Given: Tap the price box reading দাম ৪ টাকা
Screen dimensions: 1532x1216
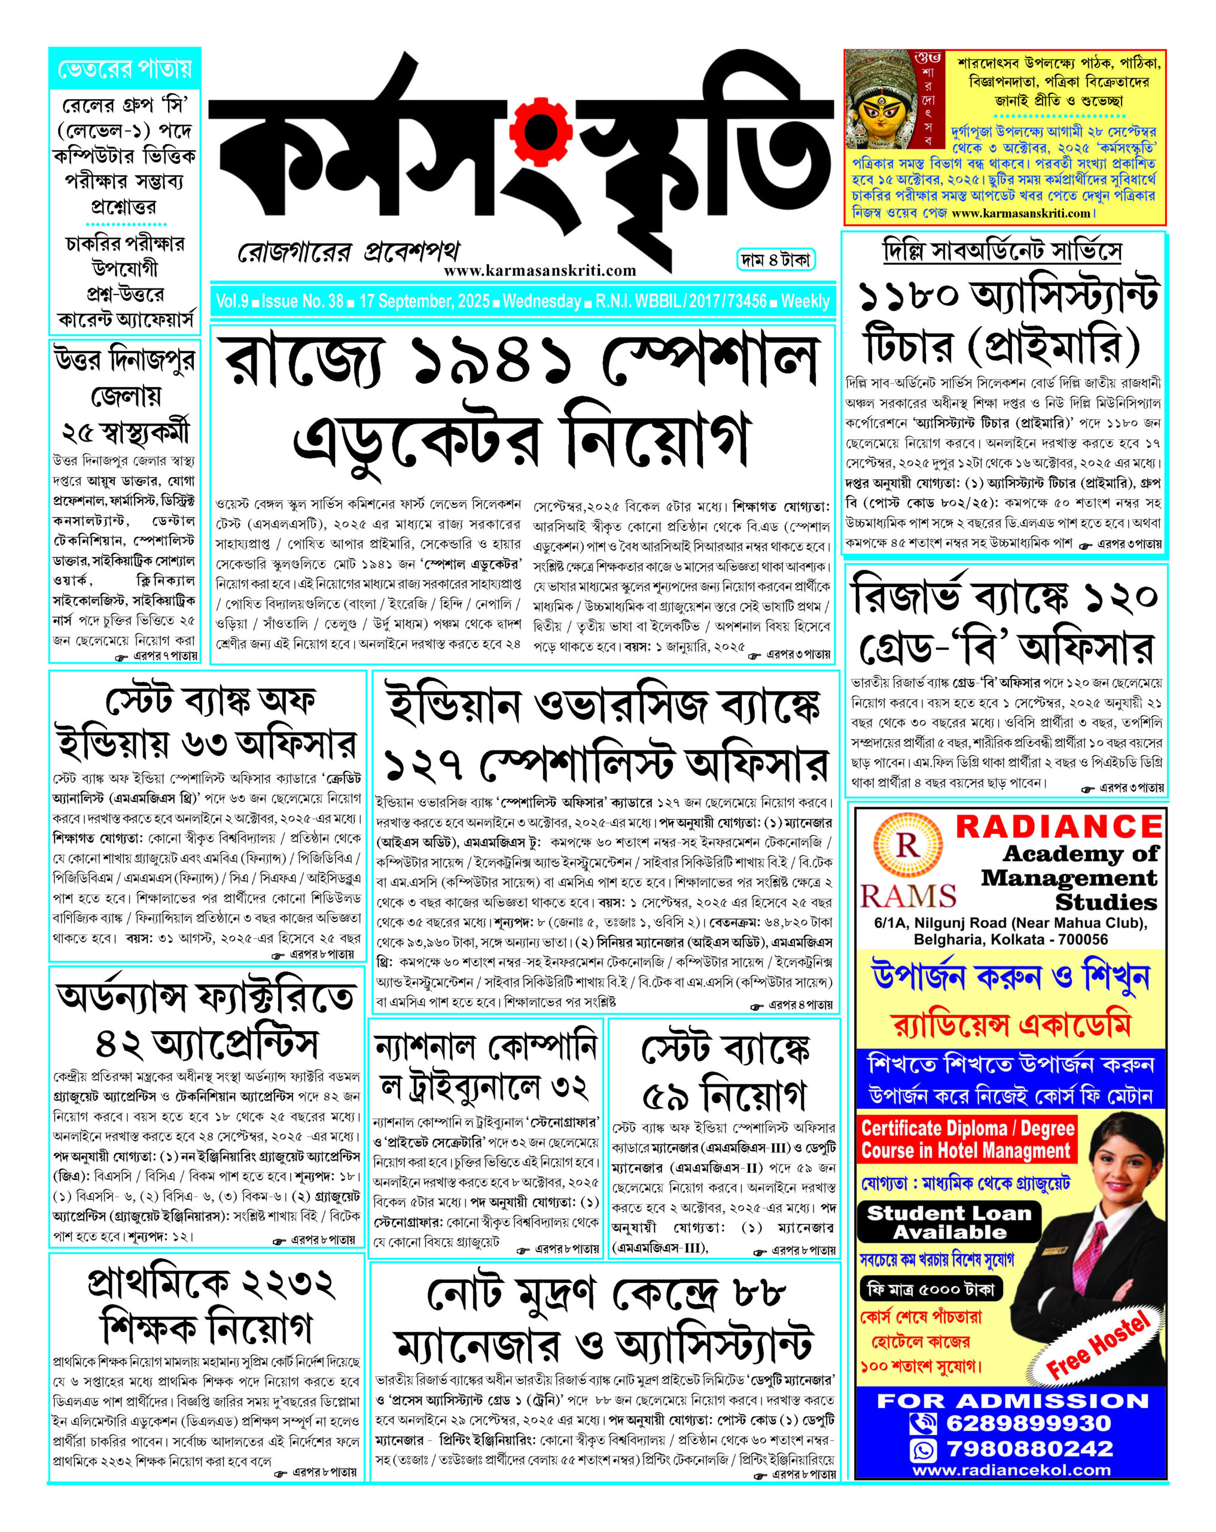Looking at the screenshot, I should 775,260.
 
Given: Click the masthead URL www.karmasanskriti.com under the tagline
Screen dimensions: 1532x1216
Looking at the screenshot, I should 539,270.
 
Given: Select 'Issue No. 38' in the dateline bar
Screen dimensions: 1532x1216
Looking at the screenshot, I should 302,301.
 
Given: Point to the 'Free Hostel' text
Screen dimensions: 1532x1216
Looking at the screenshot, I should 1097,1345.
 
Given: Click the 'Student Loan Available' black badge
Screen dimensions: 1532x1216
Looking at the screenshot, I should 949,1222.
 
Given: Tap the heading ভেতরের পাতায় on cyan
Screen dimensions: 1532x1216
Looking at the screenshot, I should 125,69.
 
